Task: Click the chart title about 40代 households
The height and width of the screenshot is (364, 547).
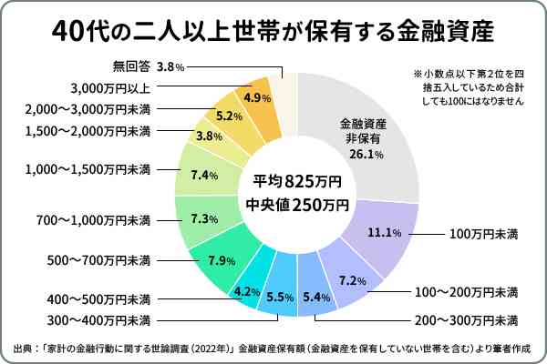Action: click(273, 31)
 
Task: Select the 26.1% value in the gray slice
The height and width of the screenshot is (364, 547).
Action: click(363, 155)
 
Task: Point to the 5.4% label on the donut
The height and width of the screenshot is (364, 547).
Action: click(315, 297)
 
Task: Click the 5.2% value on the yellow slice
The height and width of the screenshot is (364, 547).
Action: click(229, 116)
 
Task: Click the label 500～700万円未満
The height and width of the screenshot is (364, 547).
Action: click(98, 261)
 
